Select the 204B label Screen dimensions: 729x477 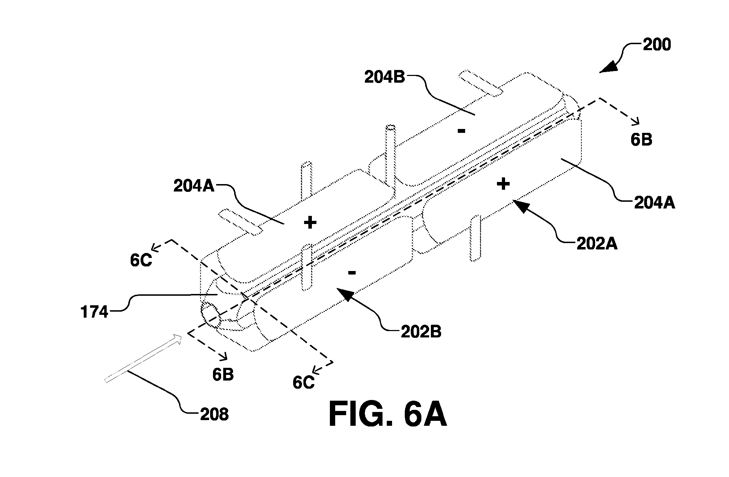point(385,77)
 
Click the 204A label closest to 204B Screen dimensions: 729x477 point(194,186)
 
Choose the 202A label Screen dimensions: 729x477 point(597,244)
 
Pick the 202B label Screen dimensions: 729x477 point(421,332)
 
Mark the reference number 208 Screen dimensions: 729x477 point(214,414)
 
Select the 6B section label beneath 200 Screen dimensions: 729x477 point(641,140)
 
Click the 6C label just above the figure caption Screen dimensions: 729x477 point(303,382)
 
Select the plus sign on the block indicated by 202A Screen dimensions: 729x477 point(503,184)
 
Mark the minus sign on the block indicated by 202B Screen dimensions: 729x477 point(351,272)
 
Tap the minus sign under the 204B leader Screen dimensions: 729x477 point(461,131)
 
